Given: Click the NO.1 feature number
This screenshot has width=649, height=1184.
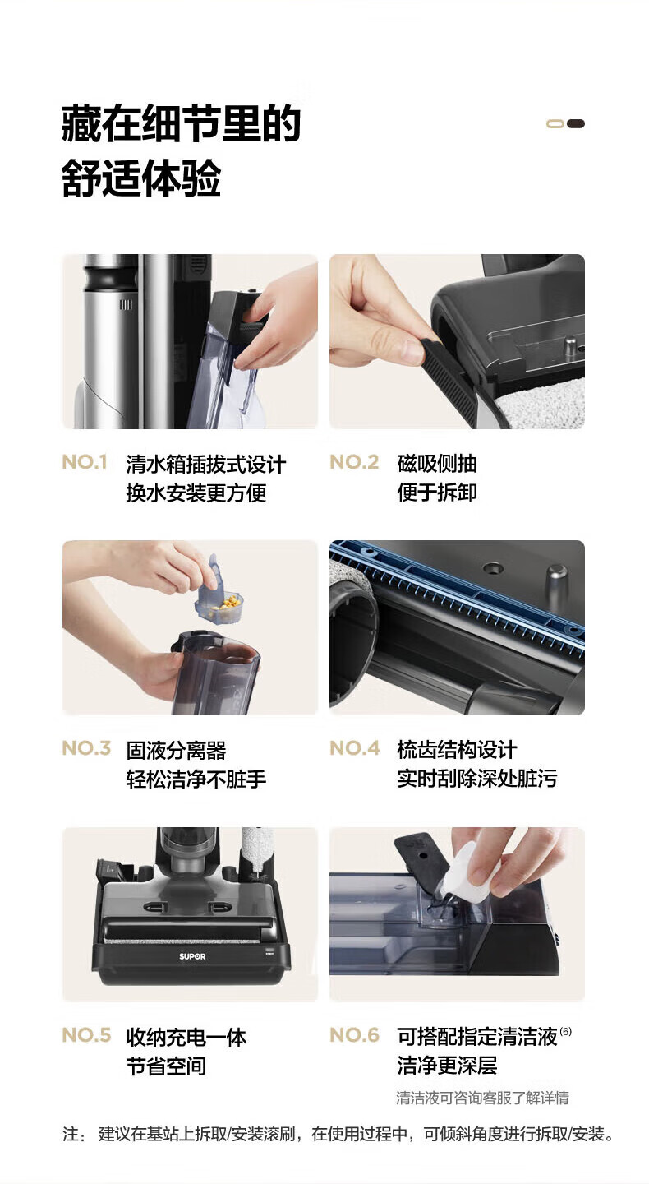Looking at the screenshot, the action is pyautogui.click(x=85, y=462).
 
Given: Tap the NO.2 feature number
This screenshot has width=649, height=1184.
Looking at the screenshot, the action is pyautogui.click(x=354, y=462).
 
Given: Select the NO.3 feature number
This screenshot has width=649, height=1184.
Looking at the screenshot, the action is pyautogui.click(x=86, y=748).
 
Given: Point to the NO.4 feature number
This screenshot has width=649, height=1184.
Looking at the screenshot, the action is pyautogui.click(x=355, y=748).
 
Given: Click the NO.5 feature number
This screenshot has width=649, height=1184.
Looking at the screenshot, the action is pyautogui.click(x=86, y=1034).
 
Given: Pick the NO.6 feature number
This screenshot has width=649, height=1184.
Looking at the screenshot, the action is pyautogui.click(x=355, y=1034).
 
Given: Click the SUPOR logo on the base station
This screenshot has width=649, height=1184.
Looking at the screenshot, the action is pyautogui.click(x=192, y=956).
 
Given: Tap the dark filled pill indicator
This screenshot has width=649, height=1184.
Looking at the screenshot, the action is pyautogui.click(x=576, y=123).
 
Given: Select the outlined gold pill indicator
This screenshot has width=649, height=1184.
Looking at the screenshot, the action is pyautogui.click(x=555, y=123).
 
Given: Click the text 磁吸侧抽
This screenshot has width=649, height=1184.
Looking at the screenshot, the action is pyautogui.click(x=437, y=464).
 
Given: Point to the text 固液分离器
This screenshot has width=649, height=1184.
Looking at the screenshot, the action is pyautogui.click(x=176, y=750).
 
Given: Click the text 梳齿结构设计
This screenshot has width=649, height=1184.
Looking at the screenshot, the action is pyautogui.click(x=457, y=750).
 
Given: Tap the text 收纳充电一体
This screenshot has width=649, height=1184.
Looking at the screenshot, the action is pyautogui.click(x=186, y=1037).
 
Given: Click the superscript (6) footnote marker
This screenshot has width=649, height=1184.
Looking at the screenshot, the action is pyautogui.click(x=565, y=1031).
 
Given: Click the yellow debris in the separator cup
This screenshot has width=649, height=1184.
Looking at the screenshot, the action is pyautogui.click(x=228, y=602).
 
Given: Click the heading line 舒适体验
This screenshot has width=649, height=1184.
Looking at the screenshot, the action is pyautogui.click(x=141, y=178).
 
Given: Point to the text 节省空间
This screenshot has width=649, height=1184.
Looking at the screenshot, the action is pyautogui.click(x=166, y=1066).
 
